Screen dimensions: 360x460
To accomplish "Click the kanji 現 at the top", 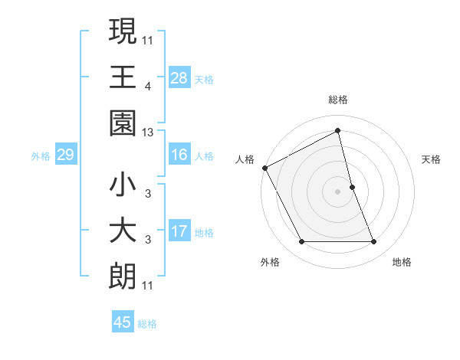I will pyautogui.click(x=123, y=32).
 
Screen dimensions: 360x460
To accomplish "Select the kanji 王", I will pyautogui.click(x=123, y=77).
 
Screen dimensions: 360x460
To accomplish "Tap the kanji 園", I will pyautogui.click(x=123, y=123).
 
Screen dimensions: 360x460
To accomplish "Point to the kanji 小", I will pyautogui.click(x=123, y=185).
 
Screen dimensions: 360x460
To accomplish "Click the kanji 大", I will pyautogui.click(x=123, y=232).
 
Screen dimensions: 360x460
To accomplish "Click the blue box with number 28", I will pyautogui.click(x=179, y=78).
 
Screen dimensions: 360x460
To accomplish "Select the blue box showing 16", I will pyautogui.click(x=179, y=155).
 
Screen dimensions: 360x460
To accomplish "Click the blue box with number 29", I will pyautogui.click(x=65, y=155).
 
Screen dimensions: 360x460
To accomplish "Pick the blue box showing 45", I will pyautogui.click(x=123, y=322).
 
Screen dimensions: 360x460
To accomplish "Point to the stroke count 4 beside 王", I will pyautogui.click(x=147, y=87).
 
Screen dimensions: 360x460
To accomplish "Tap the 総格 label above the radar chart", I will pyautogui.click(x=337, y=100).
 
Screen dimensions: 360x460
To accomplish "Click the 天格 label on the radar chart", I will pyautogui.click(x=432, y=159).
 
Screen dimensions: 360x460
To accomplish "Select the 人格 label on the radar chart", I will pyautogui.click(x=245, y=159).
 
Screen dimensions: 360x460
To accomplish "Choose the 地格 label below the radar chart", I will pyautogui.click(x=402, y=262).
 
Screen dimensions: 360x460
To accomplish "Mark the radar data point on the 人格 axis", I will pyautogui.click(x=265, y=168).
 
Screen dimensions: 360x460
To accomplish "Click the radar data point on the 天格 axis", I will pyautogui.click(x=352, y=187).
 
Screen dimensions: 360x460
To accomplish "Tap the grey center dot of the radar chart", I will pyautogui.click(x=337, y=191).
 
